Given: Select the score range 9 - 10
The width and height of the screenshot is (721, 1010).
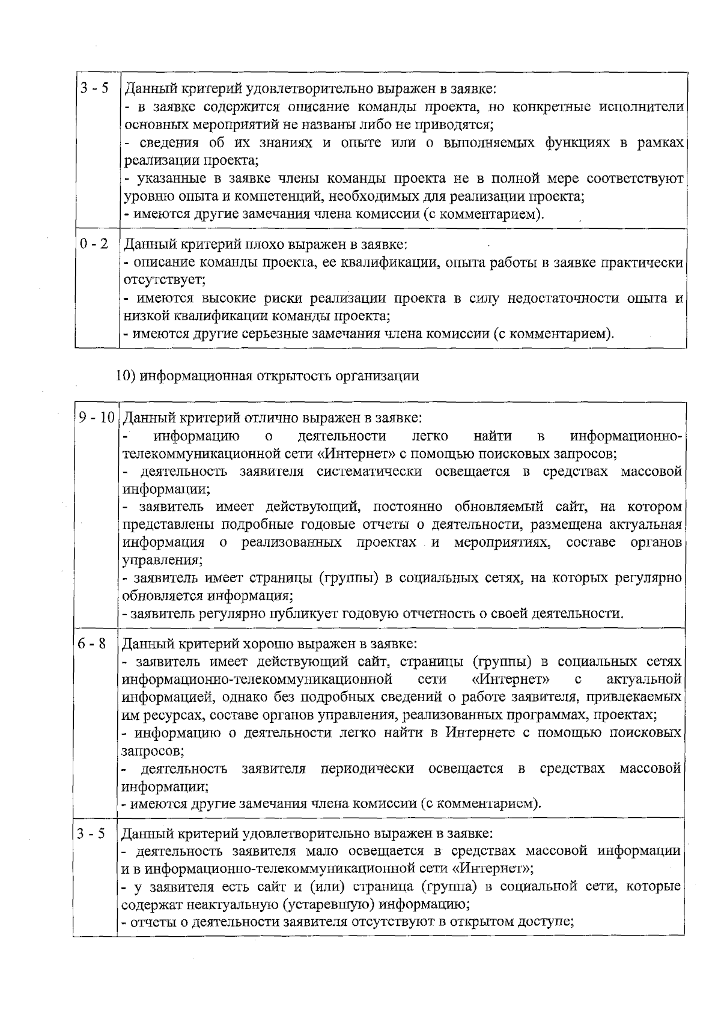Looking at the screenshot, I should tap(97, 418).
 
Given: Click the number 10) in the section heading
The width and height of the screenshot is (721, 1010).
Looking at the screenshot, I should tap(126, 376).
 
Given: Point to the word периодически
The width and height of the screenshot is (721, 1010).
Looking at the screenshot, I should tap(367, 768).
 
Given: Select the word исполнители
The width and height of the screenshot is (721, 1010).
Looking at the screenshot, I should tap(642, 107).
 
